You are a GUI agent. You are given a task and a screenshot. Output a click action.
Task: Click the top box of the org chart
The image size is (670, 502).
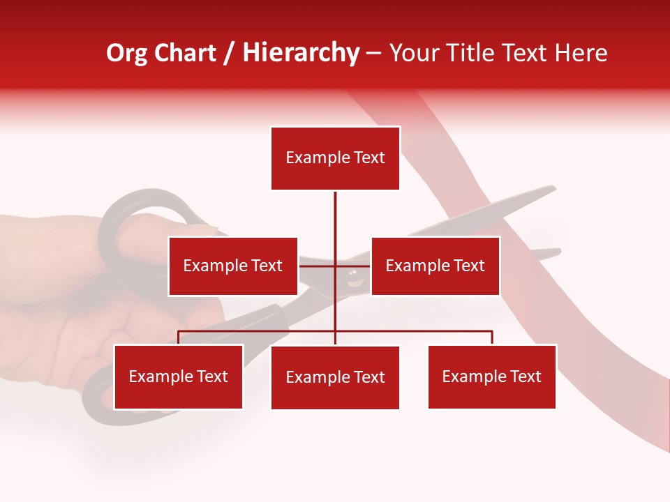coord(335,158)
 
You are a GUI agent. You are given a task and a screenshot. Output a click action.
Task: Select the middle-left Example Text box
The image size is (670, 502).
coord(232,266)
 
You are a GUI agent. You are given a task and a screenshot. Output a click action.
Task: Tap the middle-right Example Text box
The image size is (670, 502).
coord(435,266)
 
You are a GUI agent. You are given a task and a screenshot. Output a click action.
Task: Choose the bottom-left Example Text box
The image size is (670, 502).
coord(178,376)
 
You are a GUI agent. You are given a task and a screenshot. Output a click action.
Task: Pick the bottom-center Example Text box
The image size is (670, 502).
coord(335,377)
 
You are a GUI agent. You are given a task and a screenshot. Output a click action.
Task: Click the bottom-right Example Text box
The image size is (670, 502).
coord(491,376)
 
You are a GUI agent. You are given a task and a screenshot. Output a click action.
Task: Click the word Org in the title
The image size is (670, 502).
coord(127,53)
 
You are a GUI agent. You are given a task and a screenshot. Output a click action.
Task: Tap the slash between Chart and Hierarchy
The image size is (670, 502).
coord(230,53)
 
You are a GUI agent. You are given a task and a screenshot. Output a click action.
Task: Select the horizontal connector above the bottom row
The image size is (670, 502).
coord(258,332)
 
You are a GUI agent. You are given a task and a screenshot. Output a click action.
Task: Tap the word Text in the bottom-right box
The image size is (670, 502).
coord(525,376)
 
